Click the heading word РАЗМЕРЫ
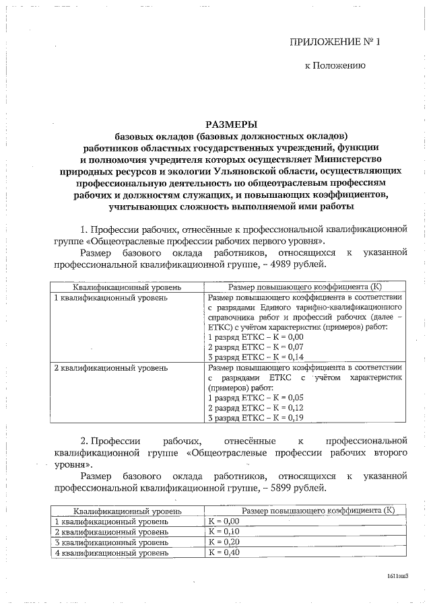tap(232, 124)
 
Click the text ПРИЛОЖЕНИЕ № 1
tap(335, 42)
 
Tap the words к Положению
tap(335, 66)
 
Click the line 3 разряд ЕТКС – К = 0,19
tap(256, 417)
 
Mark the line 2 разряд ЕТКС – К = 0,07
tap(256, 347)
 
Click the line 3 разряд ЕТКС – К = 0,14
tap(256, 357)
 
